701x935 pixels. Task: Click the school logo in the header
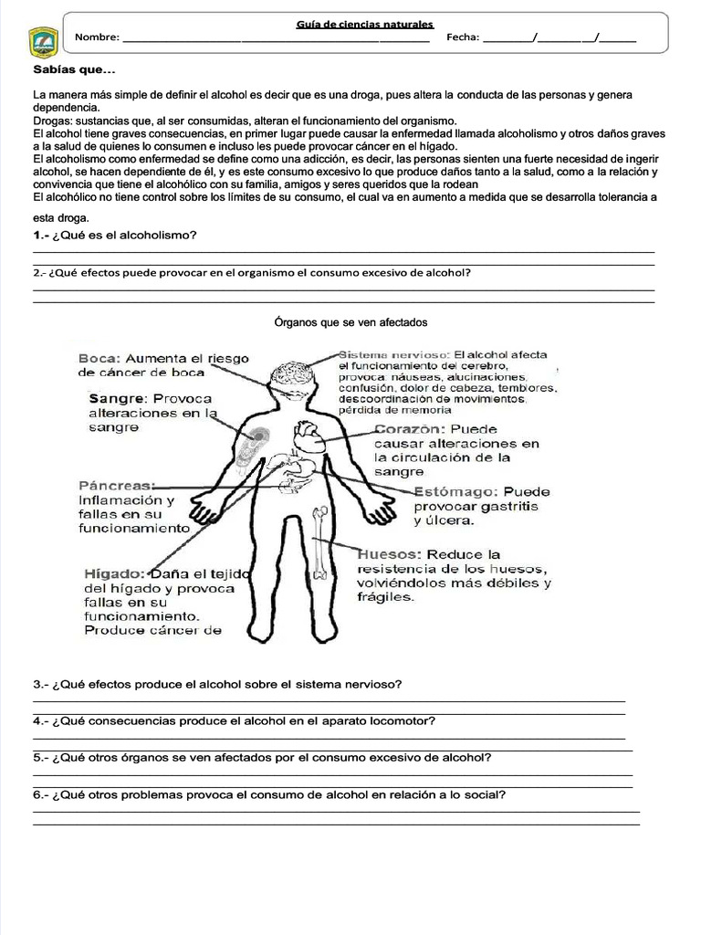click(44, 40)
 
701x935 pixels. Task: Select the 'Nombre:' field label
click(97, 37)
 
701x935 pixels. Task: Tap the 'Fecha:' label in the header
click(463, 37)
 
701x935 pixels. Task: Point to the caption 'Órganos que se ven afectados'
click(351, 322)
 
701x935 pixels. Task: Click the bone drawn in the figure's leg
click(319, 543)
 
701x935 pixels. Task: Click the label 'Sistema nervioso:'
click(394, 354)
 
